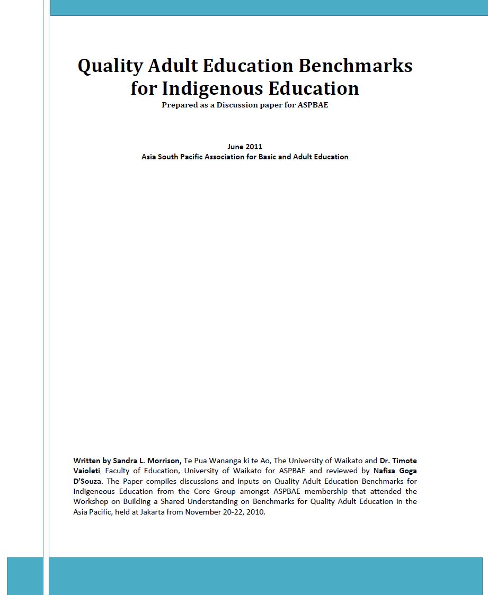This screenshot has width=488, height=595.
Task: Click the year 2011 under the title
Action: click(254, 147)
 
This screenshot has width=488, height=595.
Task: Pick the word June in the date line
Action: click(235, 147)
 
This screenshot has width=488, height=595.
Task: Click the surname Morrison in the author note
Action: click(163, 461)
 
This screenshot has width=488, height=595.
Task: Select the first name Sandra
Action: click(126, 461)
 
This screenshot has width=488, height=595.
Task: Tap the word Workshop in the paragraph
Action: click(91, 501)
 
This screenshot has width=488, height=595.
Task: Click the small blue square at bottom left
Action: click(25, 575)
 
